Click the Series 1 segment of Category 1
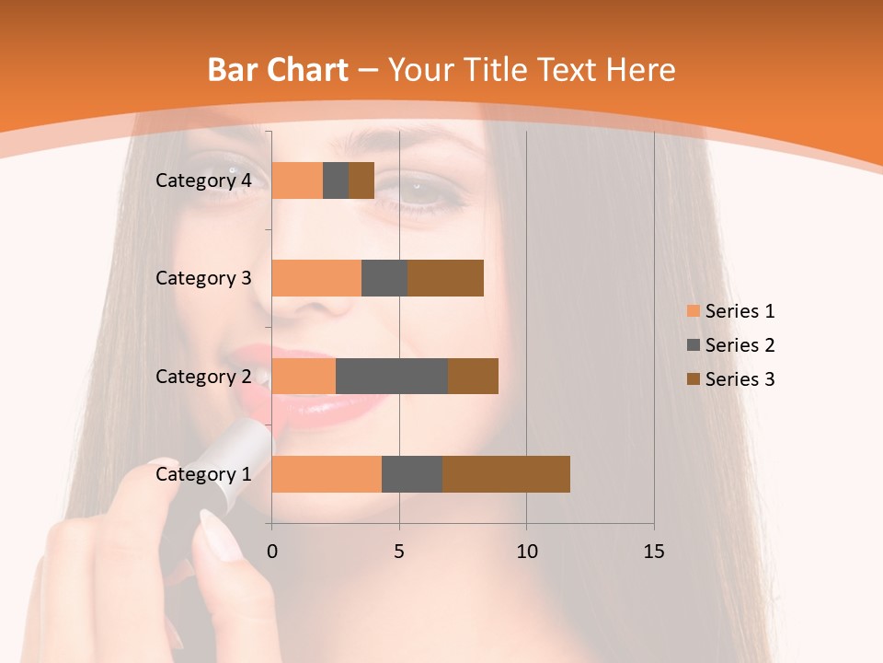327,474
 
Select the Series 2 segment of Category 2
392,376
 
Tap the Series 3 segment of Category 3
445,278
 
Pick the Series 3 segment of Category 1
506,474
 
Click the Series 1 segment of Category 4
297,180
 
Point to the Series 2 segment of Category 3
384,278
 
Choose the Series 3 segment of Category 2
473,376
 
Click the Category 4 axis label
203,180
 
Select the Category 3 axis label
203,278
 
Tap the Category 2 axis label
203,377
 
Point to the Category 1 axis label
203,475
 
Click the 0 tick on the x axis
272,552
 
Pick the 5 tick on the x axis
399,552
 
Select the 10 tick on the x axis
526,552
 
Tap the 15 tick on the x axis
654,552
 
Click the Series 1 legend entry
731,311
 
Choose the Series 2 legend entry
731,345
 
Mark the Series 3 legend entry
731,379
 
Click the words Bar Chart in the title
278,69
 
